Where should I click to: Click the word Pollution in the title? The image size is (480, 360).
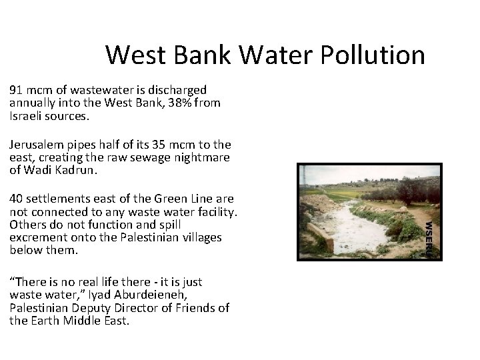[x=373, y=55]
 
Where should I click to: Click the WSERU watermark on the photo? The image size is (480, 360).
[x=431, y=236]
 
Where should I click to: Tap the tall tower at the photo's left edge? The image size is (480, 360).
[x=303, y=177]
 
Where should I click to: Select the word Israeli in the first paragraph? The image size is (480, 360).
[x=25, y=116]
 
